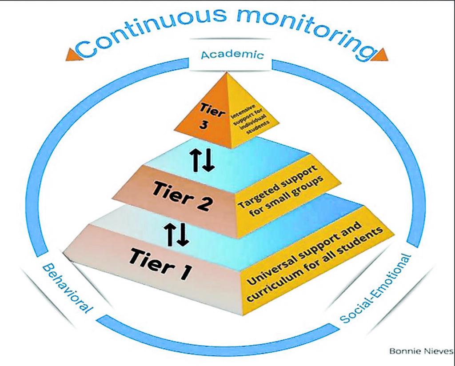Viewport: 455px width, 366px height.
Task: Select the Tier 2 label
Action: (184, 197)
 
